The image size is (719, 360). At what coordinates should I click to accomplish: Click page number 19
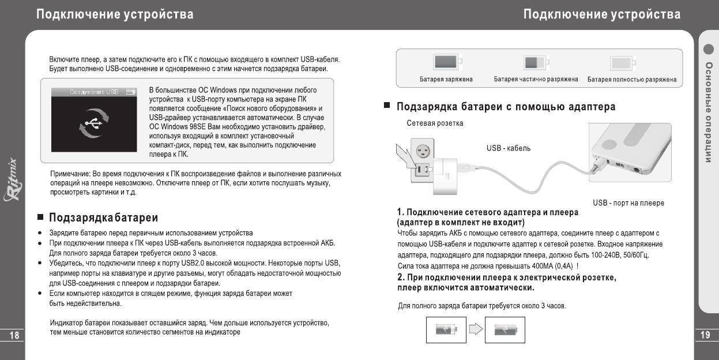point(705,335)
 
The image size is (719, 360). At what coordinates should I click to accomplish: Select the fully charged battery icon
point(446,62)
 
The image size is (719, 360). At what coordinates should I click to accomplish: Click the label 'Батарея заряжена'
point(446,80)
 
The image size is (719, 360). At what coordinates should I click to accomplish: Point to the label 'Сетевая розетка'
point(435,123)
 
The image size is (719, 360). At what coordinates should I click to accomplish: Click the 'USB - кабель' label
point(509,148)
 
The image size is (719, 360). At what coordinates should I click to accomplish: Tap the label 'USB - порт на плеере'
point(628,203)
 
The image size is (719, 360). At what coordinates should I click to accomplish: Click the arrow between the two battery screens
point(475,329)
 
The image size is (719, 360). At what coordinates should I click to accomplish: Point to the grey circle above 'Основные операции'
point(709,49)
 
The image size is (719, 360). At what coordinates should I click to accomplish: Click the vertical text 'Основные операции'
point(709,112)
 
